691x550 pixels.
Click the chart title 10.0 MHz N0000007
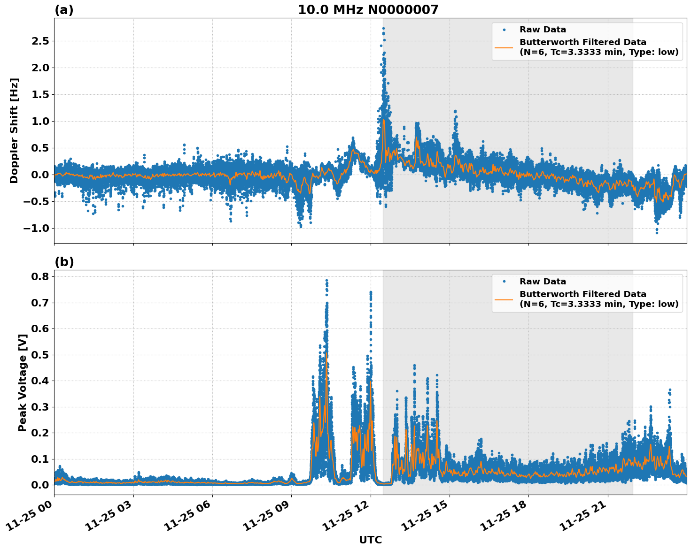(368, 10)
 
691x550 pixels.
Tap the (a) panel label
(64, 10)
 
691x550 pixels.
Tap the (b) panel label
(64, 262)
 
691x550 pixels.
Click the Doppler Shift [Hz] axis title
(14, 130)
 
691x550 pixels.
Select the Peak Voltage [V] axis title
(22, 382)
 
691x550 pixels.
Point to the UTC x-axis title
(370, 540)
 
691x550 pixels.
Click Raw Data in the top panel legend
(543, 30)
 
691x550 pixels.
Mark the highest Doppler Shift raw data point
(383, 28)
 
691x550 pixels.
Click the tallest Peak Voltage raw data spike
(326, 280)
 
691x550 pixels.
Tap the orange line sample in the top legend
(504, 47)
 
